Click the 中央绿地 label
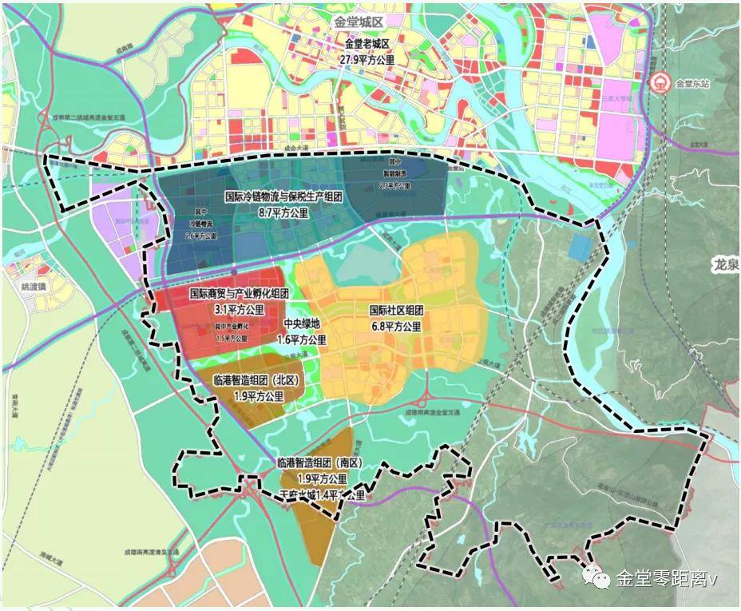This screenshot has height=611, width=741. tap(303, 325)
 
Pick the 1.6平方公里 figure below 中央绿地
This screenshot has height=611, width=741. tap(303, 339)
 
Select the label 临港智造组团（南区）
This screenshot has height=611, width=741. tap(319, 463)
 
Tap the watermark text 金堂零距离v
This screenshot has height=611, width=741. tap(665, 577)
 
